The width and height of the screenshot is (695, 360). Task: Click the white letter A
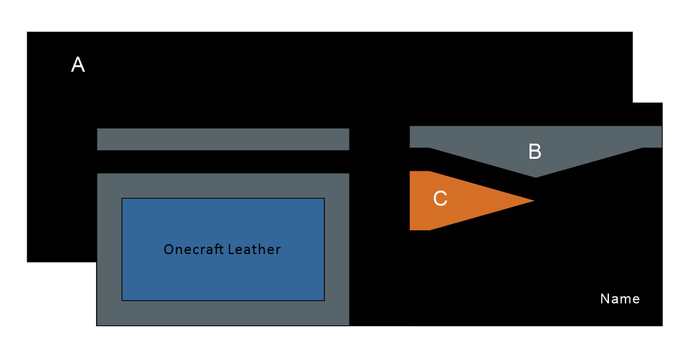point(78,65)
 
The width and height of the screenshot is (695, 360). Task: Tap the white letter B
point(535,152)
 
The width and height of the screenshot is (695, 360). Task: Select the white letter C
point(440,199)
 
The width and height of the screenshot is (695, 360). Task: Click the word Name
point(620,298)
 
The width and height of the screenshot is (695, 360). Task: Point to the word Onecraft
point(193,249)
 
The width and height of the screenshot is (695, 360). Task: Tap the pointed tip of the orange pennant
point(533,201)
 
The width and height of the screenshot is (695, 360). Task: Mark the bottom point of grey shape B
point(535,177)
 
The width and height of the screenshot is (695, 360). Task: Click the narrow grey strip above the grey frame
point(222,139)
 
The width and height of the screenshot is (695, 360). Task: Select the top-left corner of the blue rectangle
point(122,198)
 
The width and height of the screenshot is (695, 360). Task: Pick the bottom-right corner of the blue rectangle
point(324,300)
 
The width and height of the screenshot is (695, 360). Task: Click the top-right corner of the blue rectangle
point(324,198)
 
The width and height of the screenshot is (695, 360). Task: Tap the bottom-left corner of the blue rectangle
point(122,300)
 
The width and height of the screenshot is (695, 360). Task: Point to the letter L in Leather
point(230,249)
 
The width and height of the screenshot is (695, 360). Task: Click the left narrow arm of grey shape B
point(419,137)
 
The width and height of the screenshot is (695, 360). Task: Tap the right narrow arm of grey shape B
point(652,137)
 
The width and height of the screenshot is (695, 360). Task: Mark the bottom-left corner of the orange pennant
point(410,230)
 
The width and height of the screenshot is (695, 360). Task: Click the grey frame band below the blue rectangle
point(222,313)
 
